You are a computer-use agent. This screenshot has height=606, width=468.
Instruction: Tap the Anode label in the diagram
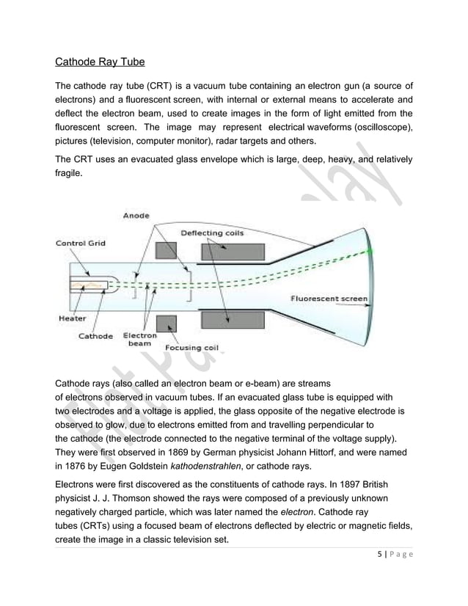pos(136,215)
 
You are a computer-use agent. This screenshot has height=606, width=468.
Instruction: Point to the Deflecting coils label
pos(212,233)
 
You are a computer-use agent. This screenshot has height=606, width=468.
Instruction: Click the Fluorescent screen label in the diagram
pos(329,299)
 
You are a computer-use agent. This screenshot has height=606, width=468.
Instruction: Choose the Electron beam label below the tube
pos(139,340)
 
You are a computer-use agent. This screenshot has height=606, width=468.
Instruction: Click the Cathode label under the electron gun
pos(95,336)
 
